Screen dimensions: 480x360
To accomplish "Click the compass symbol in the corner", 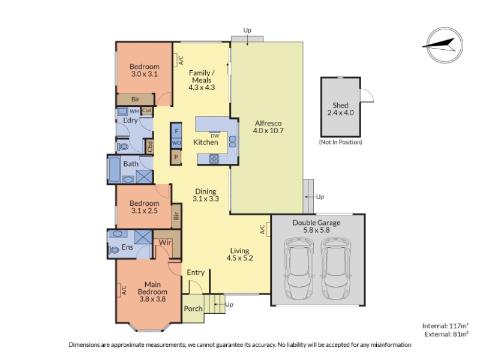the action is [445, 46].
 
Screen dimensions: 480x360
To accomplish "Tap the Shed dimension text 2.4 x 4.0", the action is [340, 113].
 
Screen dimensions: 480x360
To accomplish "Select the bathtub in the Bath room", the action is [114, 170].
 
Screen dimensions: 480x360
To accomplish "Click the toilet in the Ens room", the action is [114, 250].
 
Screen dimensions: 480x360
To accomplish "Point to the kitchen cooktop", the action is [214, 158].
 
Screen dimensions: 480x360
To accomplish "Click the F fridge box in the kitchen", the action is [176, 131].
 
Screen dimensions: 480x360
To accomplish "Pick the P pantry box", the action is [176, 157].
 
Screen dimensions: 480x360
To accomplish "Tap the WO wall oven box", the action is [176, 143].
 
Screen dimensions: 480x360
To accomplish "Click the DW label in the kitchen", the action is [215, 136].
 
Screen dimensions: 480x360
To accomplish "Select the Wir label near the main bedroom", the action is [164, 243].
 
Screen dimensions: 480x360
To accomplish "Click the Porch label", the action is [193, 308].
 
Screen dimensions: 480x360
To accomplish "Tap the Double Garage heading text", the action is [317, 223].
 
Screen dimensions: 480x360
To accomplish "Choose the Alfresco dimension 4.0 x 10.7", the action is [268, 131].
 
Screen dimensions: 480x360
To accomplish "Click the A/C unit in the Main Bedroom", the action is [119, 290].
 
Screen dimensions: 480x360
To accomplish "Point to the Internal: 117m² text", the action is [445, 326].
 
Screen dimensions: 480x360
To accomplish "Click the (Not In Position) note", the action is [340, 142].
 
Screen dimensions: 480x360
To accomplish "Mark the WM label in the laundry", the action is [134, 111].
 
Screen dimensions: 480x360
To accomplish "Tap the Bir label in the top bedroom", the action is [136, 99].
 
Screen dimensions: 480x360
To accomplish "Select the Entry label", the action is [196, 272].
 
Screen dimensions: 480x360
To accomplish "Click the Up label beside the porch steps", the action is [229, 304].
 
